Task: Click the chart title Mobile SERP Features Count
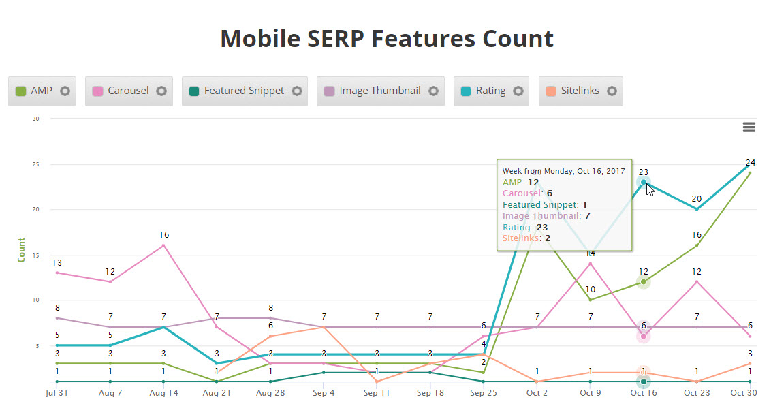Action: pyautogui.click(x=386, y=39)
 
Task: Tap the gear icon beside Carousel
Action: pyautogui.click(x=161, y=91)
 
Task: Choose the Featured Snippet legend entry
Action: pyautogui.click(x=244, y=91)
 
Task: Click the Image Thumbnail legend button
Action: pyautogui.click(x=379, y=91)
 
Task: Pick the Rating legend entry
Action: pyautogui.click(x=490, y=91)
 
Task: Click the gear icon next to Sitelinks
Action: pyautogui.click(x=612, y=91)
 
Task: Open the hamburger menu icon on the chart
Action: pyautogui.click(x=749, y=127)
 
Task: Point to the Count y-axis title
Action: pyautogui.click(x=21, y=249)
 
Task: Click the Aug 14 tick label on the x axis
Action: pyautogui.click(x=163, y=394)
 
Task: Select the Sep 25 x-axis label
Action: pyautogui.click(x=484, y=394)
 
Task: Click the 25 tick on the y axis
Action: pyautogui.click(x=35, y=164)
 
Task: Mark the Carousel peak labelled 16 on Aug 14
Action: pyautogui.click(x=163, y=245)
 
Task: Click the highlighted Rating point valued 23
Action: pyautogui.click(x=643, y=182)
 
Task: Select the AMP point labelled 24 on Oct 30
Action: pyautogui.click(x=750, y=173)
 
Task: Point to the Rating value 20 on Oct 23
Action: pyautogui.click(x=697, y=208)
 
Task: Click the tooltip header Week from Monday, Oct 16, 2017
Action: pyautogui.click(x=563, y=171)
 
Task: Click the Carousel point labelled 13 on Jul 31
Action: pyautogui.click(x=57, y=273)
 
